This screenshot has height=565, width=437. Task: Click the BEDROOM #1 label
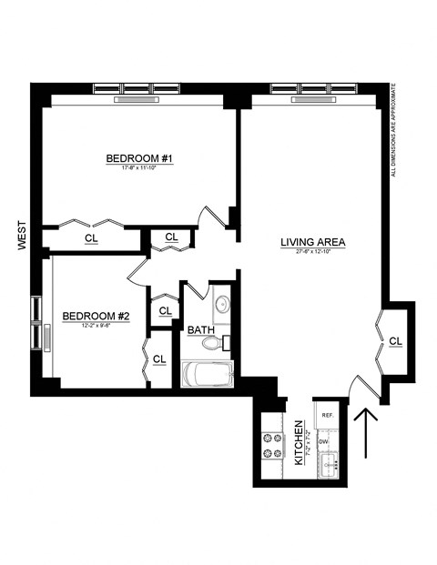[139, 159]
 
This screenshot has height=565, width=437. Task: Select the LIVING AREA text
[312, 242]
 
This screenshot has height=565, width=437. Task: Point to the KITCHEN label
[300, 443]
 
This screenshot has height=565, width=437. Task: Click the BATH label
[200, 329]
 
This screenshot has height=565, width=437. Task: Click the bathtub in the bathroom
[208, 374]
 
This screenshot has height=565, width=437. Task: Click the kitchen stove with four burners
[271, 444]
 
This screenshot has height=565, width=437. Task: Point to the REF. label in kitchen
[328, 415]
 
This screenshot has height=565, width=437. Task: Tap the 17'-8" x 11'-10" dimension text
[139, 168]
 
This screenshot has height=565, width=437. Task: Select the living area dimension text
[312, 253]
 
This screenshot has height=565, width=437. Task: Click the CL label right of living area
[395, 341]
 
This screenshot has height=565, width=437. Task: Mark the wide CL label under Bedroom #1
[91, 238]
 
